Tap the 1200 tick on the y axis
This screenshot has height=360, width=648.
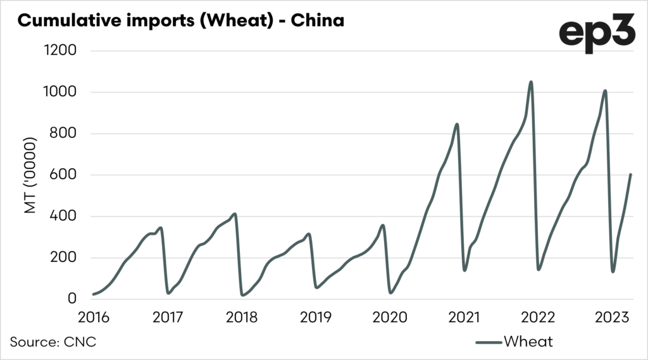pos(59,51)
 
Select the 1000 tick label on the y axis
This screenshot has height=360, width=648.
pos(59,92)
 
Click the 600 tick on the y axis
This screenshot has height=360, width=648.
pos(64,175)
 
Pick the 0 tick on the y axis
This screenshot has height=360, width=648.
pos(72,299)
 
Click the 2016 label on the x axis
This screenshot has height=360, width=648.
pos(93,316)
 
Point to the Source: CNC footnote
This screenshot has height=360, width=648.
pos(53,342)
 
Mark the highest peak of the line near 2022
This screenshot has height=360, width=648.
pos(531,82)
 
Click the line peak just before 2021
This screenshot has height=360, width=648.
pos(457,124)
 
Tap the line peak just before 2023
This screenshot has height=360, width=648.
pos(606,90)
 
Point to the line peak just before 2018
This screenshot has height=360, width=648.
pos(235,214)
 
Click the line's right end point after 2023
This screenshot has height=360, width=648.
pos(631,175)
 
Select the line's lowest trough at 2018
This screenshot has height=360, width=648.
pos(243,295)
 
